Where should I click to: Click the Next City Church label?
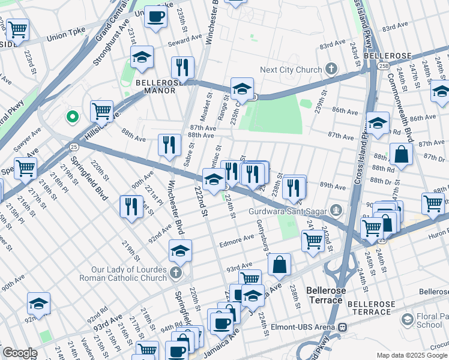pos(291,70)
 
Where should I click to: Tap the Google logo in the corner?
pos(20,352)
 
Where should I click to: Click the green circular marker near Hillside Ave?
pos(72,116)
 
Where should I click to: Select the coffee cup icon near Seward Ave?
pos(155,17)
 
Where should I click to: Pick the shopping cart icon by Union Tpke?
pos(17,28)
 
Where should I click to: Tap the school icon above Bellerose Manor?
pos(142,57)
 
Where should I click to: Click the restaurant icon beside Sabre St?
pos(170,145)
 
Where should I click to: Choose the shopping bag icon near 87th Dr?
pos(400,154)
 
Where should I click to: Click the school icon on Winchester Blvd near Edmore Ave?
pos(179,251)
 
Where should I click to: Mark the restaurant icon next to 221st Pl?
pos(130,206)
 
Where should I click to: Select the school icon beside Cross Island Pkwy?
pos(378,123)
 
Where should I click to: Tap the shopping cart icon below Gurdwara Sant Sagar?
pos(312,241)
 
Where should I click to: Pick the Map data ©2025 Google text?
pos(411,355)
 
